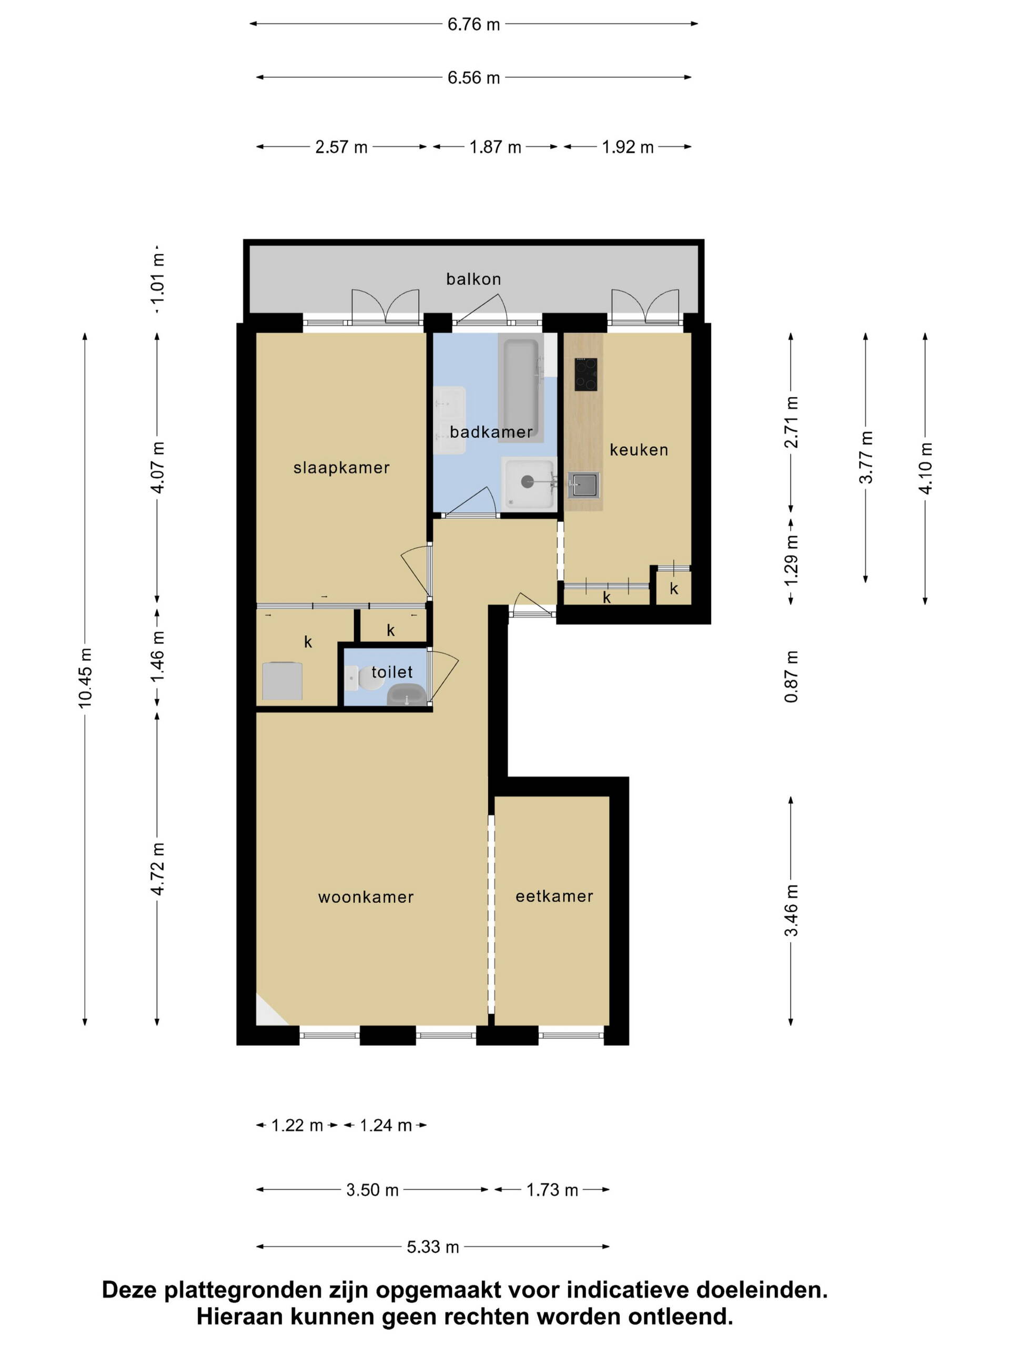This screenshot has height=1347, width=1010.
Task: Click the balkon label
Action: point(473,279)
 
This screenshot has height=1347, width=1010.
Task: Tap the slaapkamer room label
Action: point(341,468)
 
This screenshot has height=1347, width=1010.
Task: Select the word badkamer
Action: point(491,432)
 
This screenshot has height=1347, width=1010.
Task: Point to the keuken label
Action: point(639,449)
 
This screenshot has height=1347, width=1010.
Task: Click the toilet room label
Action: point(392,672)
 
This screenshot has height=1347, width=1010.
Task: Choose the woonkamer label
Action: point(366,897)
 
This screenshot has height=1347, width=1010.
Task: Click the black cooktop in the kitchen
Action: point(585,374)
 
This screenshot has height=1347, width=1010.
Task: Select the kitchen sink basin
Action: point(584,485)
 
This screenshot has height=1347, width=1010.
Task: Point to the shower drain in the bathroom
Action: point(527,481)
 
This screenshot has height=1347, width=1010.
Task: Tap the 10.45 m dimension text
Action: point(85,678)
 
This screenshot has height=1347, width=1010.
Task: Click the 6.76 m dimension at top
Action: point(473,24)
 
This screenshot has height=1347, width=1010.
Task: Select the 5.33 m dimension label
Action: point(433,1247)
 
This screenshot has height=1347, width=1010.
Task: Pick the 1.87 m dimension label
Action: point(495,147)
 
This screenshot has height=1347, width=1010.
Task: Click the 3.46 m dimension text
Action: point(791,910)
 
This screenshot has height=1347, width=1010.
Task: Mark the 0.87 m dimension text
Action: point(791,676)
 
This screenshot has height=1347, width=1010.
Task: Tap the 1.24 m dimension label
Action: point(386,1125)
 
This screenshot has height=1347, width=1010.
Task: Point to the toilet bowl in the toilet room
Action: point(407,694)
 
